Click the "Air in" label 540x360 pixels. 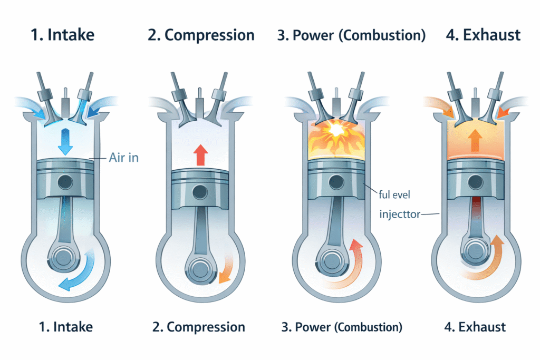click(123, 157)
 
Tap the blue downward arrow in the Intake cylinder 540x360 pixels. click(65, 140)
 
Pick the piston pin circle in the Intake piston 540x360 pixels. click(65, 183)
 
